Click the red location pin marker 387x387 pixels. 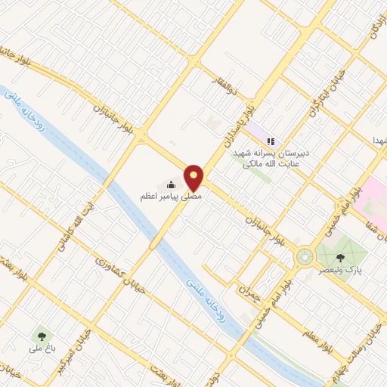tap(194, 177)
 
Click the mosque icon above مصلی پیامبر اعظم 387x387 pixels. tap(172, 184)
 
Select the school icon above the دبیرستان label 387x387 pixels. tap(271, 141)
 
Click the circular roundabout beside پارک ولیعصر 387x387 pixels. tap(305, 257)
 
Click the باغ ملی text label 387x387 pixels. tap(38, 349)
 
